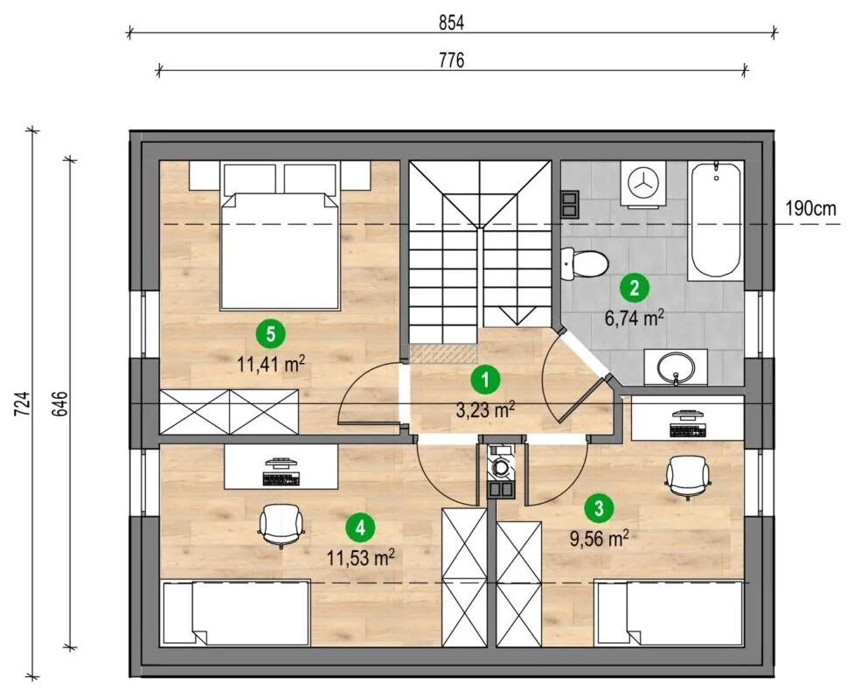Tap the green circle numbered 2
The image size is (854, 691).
635,288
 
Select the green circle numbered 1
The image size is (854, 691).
485,380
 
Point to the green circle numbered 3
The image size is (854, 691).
599,508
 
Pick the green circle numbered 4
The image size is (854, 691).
360,527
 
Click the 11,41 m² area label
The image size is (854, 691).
271,363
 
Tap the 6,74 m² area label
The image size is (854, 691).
635,318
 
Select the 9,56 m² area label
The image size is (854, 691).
599,539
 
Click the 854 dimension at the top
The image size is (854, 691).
452,23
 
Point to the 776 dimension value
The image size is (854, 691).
452,60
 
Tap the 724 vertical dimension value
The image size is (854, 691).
21,404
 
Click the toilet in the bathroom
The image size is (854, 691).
584,263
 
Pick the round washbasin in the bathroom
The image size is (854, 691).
676,366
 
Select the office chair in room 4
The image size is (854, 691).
281,525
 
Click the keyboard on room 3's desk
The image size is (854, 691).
688,430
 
